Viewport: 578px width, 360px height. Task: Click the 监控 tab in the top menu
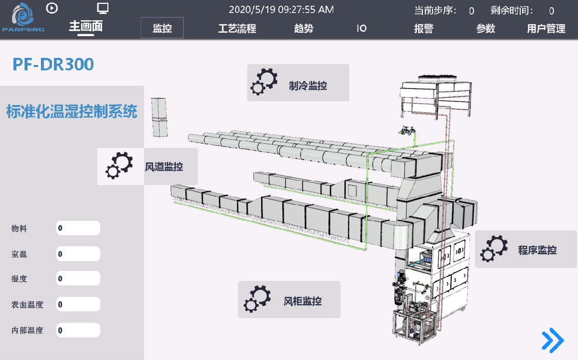(162, 28)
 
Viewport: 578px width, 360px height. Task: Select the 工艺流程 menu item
(237, 28)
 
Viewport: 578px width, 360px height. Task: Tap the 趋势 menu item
(304, 28)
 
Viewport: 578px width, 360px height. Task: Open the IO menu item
(362, 28)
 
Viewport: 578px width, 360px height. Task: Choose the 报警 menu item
(424, 28)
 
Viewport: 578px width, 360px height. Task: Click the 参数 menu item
(486, 28)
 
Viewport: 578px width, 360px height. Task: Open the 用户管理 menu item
(546, 28)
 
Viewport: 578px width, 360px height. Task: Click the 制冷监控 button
(298, 82)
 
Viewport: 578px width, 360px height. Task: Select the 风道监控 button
(147, 167)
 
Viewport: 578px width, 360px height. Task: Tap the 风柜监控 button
(289, 300)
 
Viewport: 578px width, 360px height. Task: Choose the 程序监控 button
(525, 249)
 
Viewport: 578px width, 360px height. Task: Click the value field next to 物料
(78, 228)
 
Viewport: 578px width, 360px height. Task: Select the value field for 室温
(78, 254)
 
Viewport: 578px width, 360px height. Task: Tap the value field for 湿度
(78, 279)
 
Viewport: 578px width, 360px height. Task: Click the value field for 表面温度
(78, 304)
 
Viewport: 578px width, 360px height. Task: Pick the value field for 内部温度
(78, 330)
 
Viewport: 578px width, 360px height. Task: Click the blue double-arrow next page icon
(553, 340)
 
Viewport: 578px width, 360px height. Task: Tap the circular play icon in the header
(52, 8)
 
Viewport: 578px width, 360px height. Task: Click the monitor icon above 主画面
(103, 8)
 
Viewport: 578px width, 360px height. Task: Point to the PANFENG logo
(23, 17)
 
